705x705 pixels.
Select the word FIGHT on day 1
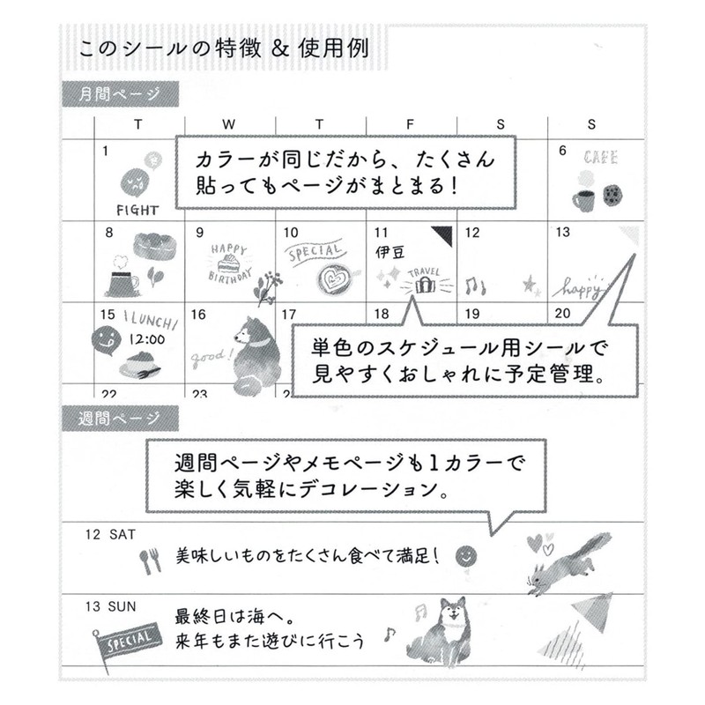(137, 210)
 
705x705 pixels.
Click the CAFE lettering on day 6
(600, 159)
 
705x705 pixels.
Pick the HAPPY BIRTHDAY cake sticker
(227, 260)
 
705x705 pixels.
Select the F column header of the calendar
(410, 124)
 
